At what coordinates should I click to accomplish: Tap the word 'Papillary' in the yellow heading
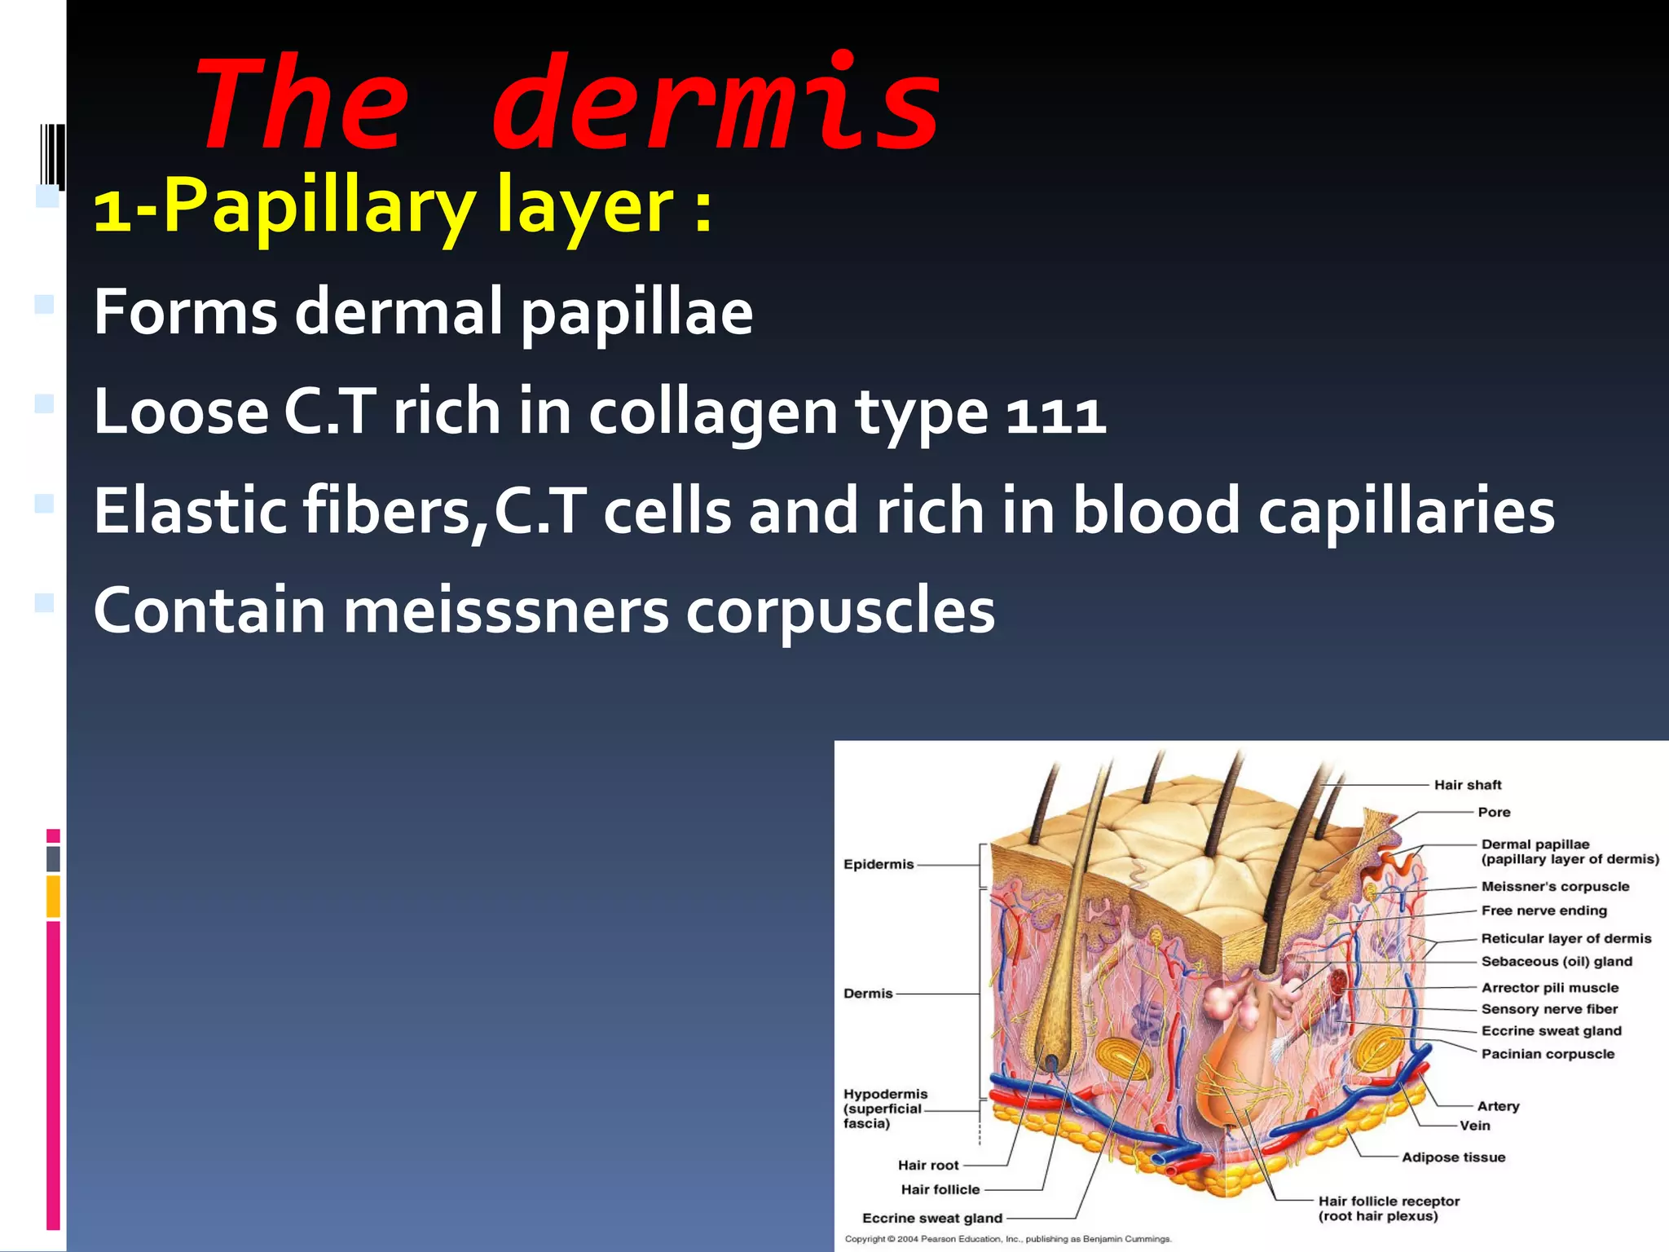click(319, 207)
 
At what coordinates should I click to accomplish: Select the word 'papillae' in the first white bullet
click(636, 312)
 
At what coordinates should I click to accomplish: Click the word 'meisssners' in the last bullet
click(505, 611)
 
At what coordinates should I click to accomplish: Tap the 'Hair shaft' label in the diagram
click(1467, 785)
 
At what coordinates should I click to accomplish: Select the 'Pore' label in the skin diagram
click(1494, 812)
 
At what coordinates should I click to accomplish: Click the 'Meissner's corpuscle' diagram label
click(1555, 886)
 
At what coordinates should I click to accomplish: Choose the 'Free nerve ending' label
click(1543, 910)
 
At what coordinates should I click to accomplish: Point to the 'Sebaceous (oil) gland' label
click(1557, 961)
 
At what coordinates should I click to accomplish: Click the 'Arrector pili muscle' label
click(1549, 987)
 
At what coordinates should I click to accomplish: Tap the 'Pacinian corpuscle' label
click(1547, 1054)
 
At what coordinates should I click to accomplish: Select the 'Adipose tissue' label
click(1453, 1157)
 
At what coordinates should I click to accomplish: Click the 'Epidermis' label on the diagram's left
click(879, 864)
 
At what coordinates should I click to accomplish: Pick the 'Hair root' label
click(928, 1165)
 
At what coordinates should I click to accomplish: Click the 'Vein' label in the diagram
click(1474, 1126)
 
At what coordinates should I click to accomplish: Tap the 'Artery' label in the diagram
click(1498, 1106)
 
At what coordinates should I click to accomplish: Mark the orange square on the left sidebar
click(53, 896)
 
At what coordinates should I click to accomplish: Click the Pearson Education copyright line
click(1007, 1239)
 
